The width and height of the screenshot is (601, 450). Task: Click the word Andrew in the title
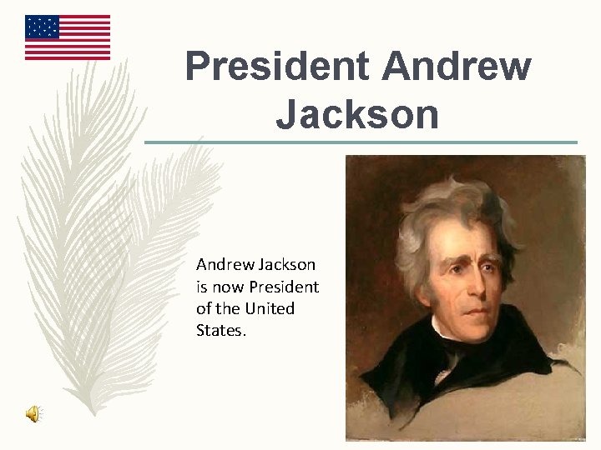[x=457, y=67]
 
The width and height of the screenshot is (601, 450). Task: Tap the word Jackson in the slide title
[x=357, y=114]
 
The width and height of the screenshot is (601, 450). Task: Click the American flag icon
[x=68, y=37]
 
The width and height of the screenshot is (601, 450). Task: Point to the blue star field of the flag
[x=43, y=27]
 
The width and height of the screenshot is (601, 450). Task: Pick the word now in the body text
[x=225, y=287]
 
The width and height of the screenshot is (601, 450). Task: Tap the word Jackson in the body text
[x=286, y=265]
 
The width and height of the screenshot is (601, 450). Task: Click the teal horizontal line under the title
[x=361, y=142]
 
